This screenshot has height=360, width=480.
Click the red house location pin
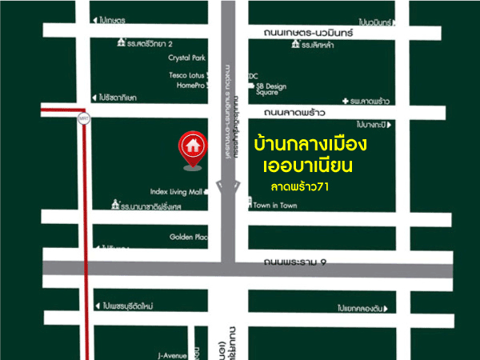coord(191,147)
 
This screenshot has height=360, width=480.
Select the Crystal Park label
coord(186,58)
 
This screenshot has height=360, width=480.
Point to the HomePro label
coord(191,84)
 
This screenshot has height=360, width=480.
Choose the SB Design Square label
coord(270,88)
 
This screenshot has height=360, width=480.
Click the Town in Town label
coord(274,206)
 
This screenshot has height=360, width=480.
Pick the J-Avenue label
coord(172,354)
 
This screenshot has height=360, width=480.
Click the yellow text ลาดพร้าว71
coord(300,186)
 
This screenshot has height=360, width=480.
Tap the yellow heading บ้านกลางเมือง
coord(309,146)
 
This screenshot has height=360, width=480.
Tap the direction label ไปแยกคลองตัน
coord(364,308)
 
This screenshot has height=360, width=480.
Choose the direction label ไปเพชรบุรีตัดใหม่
coord(133,306)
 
